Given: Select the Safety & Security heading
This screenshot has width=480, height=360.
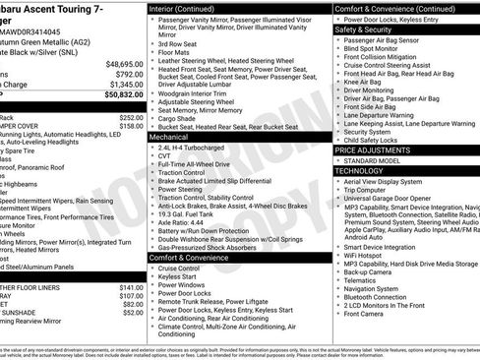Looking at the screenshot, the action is coord(368,30).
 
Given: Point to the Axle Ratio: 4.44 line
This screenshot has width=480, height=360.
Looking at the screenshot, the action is coord(184,222).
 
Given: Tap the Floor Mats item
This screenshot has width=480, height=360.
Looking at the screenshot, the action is coord(174,53).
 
